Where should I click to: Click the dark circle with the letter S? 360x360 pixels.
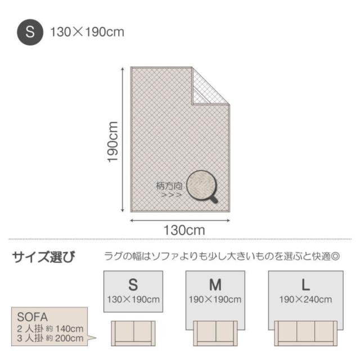30,32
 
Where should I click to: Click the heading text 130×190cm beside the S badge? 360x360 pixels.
87,32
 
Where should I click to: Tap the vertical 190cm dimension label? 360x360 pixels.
112,142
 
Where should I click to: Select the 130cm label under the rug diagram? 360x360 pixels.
184,230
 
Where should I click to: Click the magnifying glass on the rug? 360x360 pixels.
202,186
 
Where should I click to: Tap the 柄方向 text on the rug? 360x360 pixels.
169,186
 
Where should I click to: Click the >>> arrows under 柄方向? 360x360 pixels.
171,195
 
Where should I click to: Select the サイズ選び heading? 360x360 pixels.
44,257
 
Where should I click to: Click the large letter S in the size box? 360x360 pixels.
133,285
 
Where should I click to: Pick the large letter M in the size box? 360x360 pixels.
215,285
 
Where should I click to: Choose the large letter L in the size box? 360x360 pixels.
305,285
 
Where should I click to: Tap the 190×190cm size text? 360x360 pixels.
215,299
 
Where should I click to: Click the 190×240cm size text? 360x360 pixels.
305,299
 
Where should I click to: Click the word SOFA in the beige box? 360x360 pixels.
33,317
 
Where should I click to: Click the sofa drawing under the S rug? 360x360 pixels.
133,334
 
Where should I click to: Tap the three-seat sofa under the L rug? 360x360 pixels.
306,334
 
